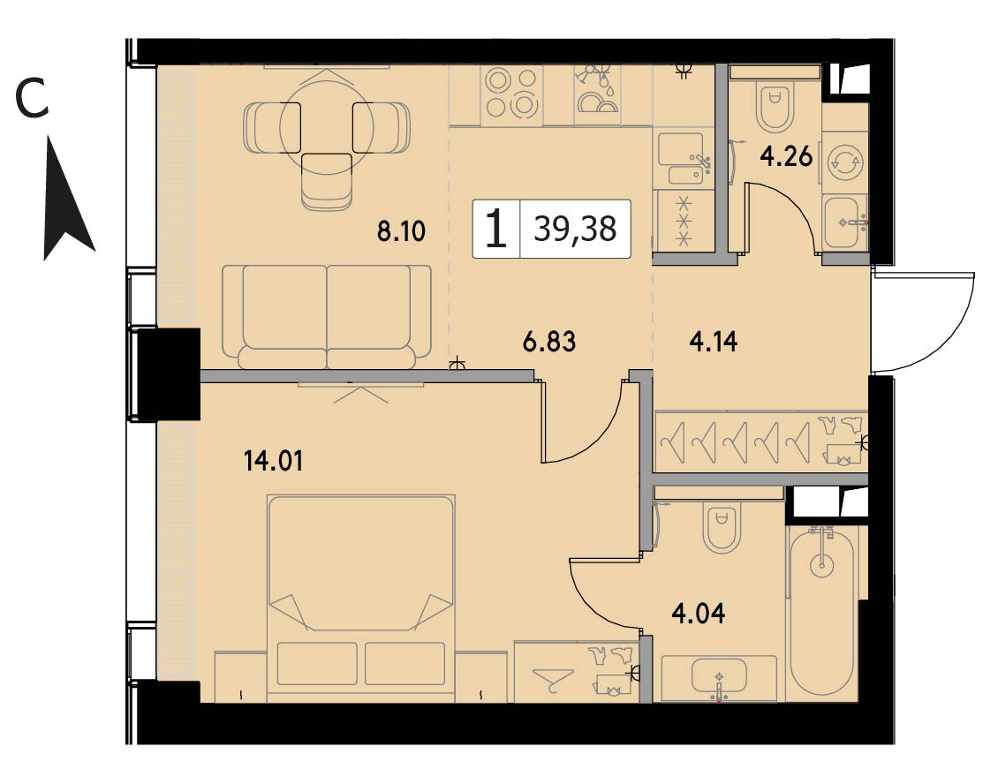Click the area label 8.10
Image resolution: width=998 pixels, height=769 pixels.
401,231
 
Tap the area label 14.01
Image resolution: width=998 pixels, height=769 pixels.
273,460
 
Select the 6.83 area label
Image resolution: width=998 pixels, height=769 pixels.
548,343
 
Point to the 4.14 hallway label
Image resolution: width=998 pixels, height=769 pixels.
714,343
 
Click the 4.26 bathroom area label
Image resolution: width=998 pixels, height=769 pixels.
787,156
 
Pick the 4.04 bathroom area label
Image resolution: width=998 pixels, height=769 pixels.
699,614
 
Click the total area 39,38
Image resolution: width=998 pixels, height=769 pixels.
575,229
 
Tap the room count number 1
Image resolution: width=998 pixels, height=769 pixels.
495,230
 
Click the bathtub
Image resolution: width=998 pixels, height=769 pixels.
821,614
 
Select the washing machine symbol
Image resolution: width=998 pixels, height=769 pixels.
845,161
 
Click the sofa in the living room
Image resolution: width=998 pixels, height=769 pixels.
327,317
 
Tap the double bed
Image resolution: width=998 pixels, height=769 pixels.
361,598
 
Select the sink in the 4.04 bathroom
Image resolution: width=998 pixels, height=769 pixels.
719,678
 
